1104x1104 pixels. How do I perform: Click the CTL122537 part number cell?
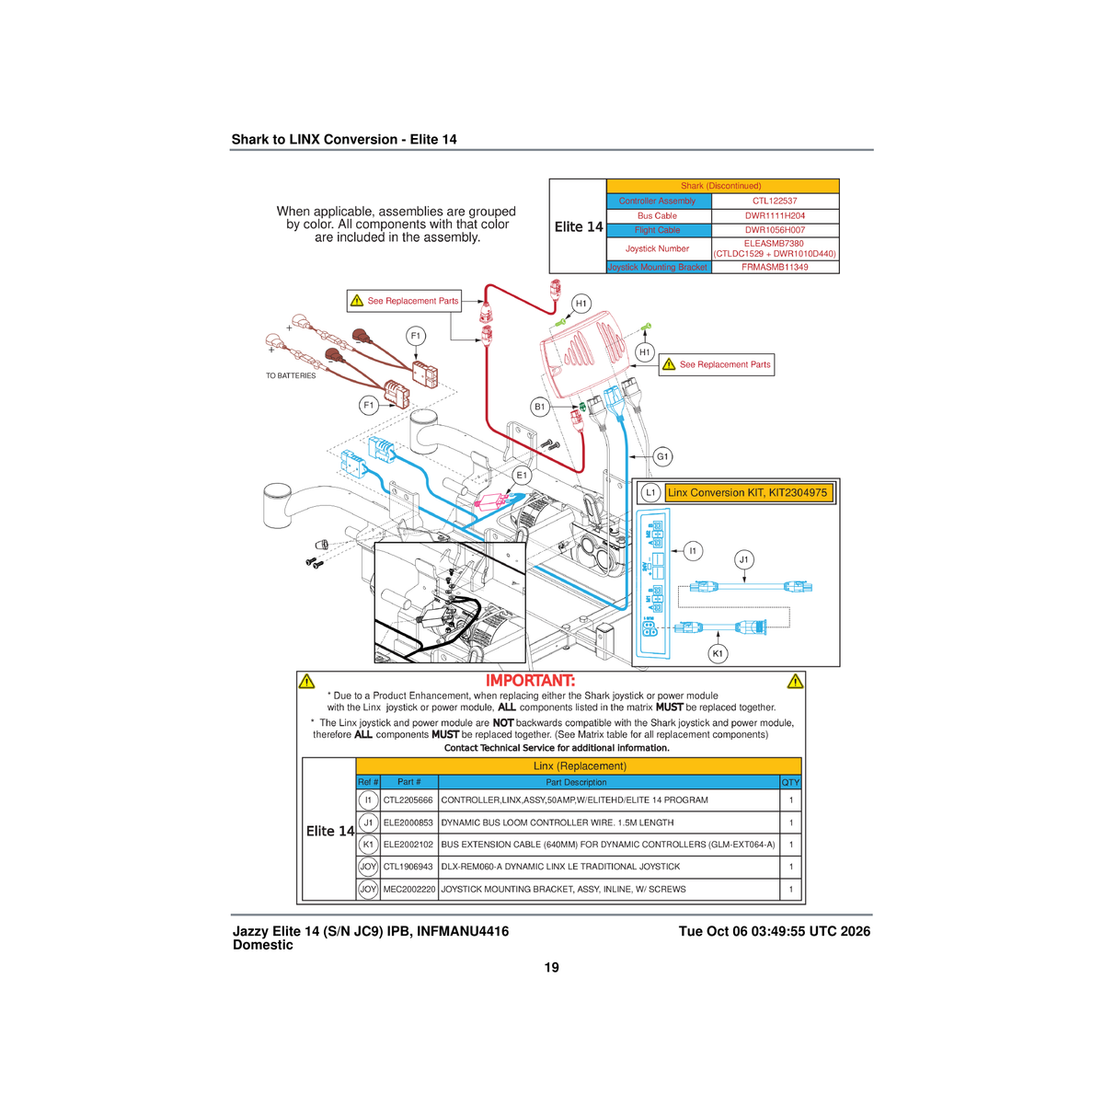(x=774, y=201)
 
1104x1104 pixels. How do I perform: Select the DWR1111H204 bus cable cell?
(x=774, y=216)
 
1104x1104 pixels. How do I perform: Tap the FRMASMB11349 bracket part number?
(x=774, y=267)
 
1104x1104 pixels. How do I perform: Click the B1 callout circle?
(x=540, y=408)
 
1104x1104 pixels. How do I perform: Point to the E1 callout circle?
(x=522, y=475)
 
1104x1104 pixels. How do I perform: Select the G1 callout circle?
(x=662, y=456)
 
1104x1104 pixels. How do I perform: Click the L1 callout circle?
(x=650, y=493)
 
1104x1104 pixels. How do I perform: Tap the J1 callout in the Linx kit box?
(x=743, y=559)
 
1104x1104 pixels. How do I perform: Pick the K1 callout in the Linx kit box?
(x=718, y=654)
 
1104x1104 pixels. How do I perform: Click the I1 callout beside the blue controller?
(x=694, y=551)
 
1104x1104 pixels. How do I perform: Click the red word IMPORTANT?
(x=530, y=681)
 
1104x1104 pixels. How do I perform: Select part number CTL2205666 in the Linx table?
(x=408, y=800)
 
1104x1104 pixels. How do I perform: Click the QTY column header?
(x=790, y=782)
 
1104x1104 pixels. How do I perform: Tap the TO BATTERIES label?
(x=291, y=376)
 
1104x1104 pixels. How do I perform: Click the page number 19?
(x=551, y=968)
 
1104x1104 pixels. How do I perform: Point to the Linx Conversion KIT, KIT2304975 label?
(x=748, y=493)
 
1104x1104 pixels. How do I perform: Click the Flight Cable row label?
(x=657, y=230)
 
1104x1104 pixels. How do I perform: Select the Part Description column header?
(x=576, y=782)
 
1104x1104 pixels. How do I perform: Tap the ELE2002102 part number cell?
(x=408, y=845)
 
